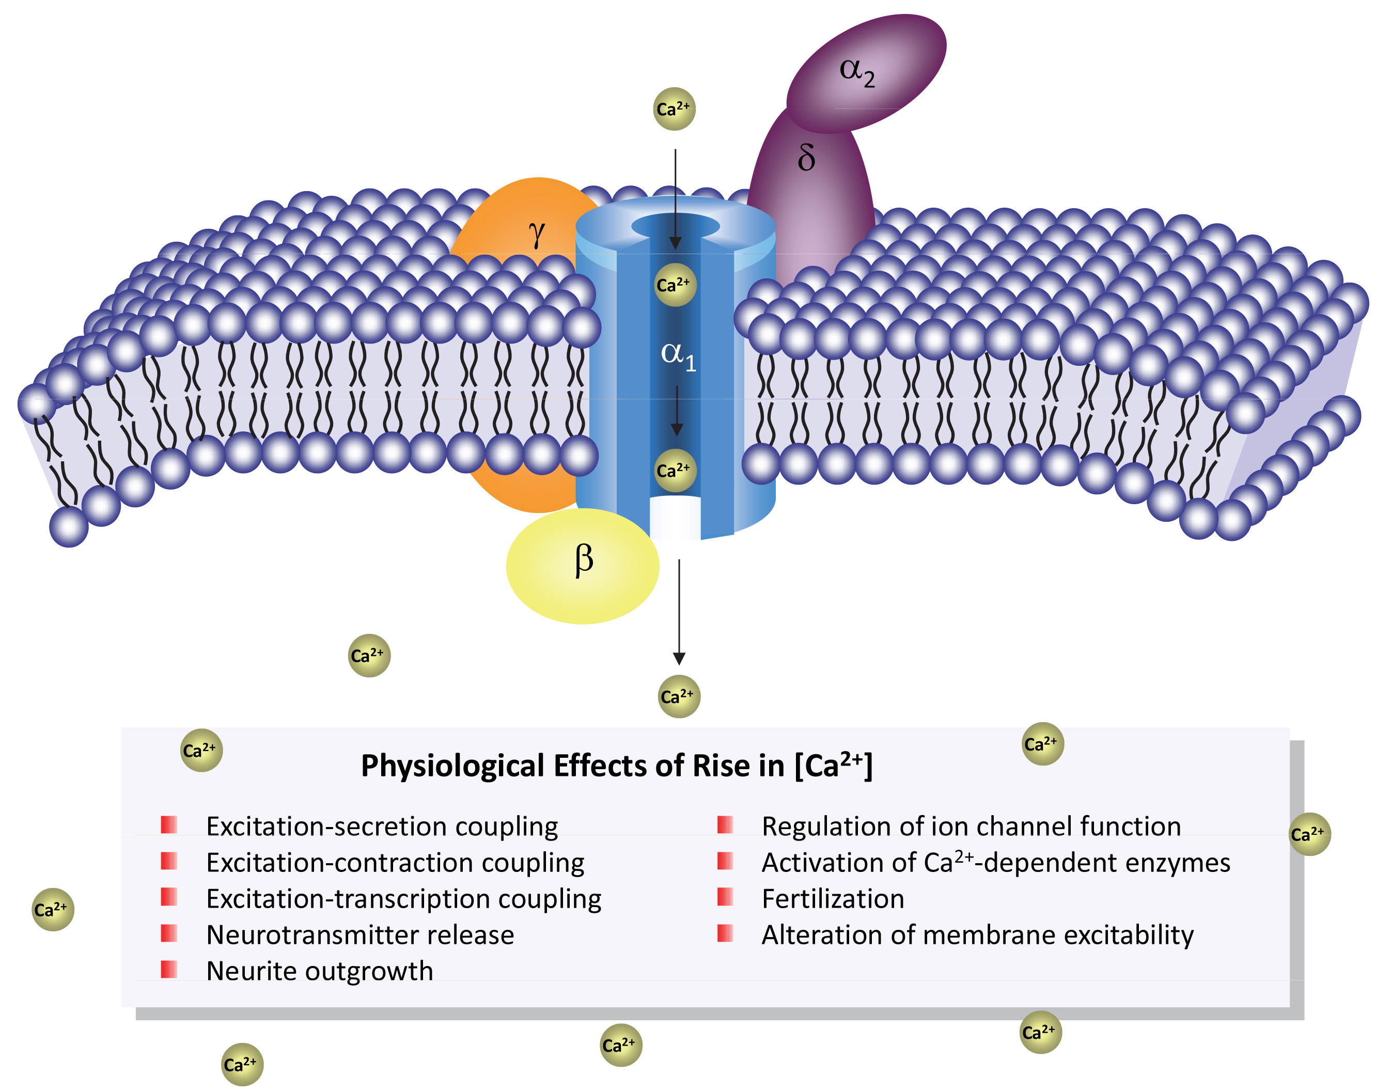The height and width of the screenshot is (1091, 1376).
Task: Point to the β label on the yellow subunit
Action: point(583,559)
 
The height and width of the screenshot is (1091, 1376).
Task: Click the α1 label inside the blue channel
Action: point(678,355)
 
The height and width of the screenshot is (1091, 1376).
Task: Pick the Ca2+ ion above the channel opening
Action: point(674,109)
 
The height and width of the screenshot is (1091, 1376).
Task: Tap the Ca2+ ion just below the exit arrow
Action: point(678,696)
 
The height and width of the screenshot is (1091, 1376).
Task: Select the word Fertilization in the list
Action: point(832,899)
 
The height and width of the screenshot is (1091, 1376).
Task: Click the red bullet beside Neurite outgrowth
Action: point(169,969)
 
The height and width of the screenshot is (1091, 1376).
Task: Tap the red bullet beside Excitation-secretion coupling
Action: point(169,825)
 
